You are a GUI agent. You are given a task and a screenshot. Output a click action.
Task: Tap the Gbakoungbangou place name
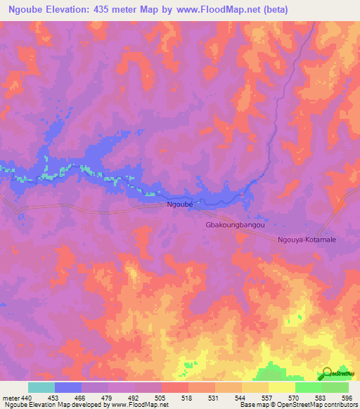tap(235, 226)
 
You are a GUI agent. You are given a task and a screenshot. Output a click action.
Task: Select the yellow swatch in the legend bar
tap(281, 387)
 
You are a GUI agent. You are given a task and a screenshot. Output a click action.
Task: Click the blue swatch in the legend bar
tap(67, 387)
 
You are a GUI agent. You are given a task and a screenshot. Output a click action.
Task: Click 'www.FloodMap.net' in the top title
tap(209, 10)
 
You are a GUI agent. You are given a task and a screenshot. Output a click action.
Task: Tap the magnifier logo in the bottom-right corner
tap(327, 374)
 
